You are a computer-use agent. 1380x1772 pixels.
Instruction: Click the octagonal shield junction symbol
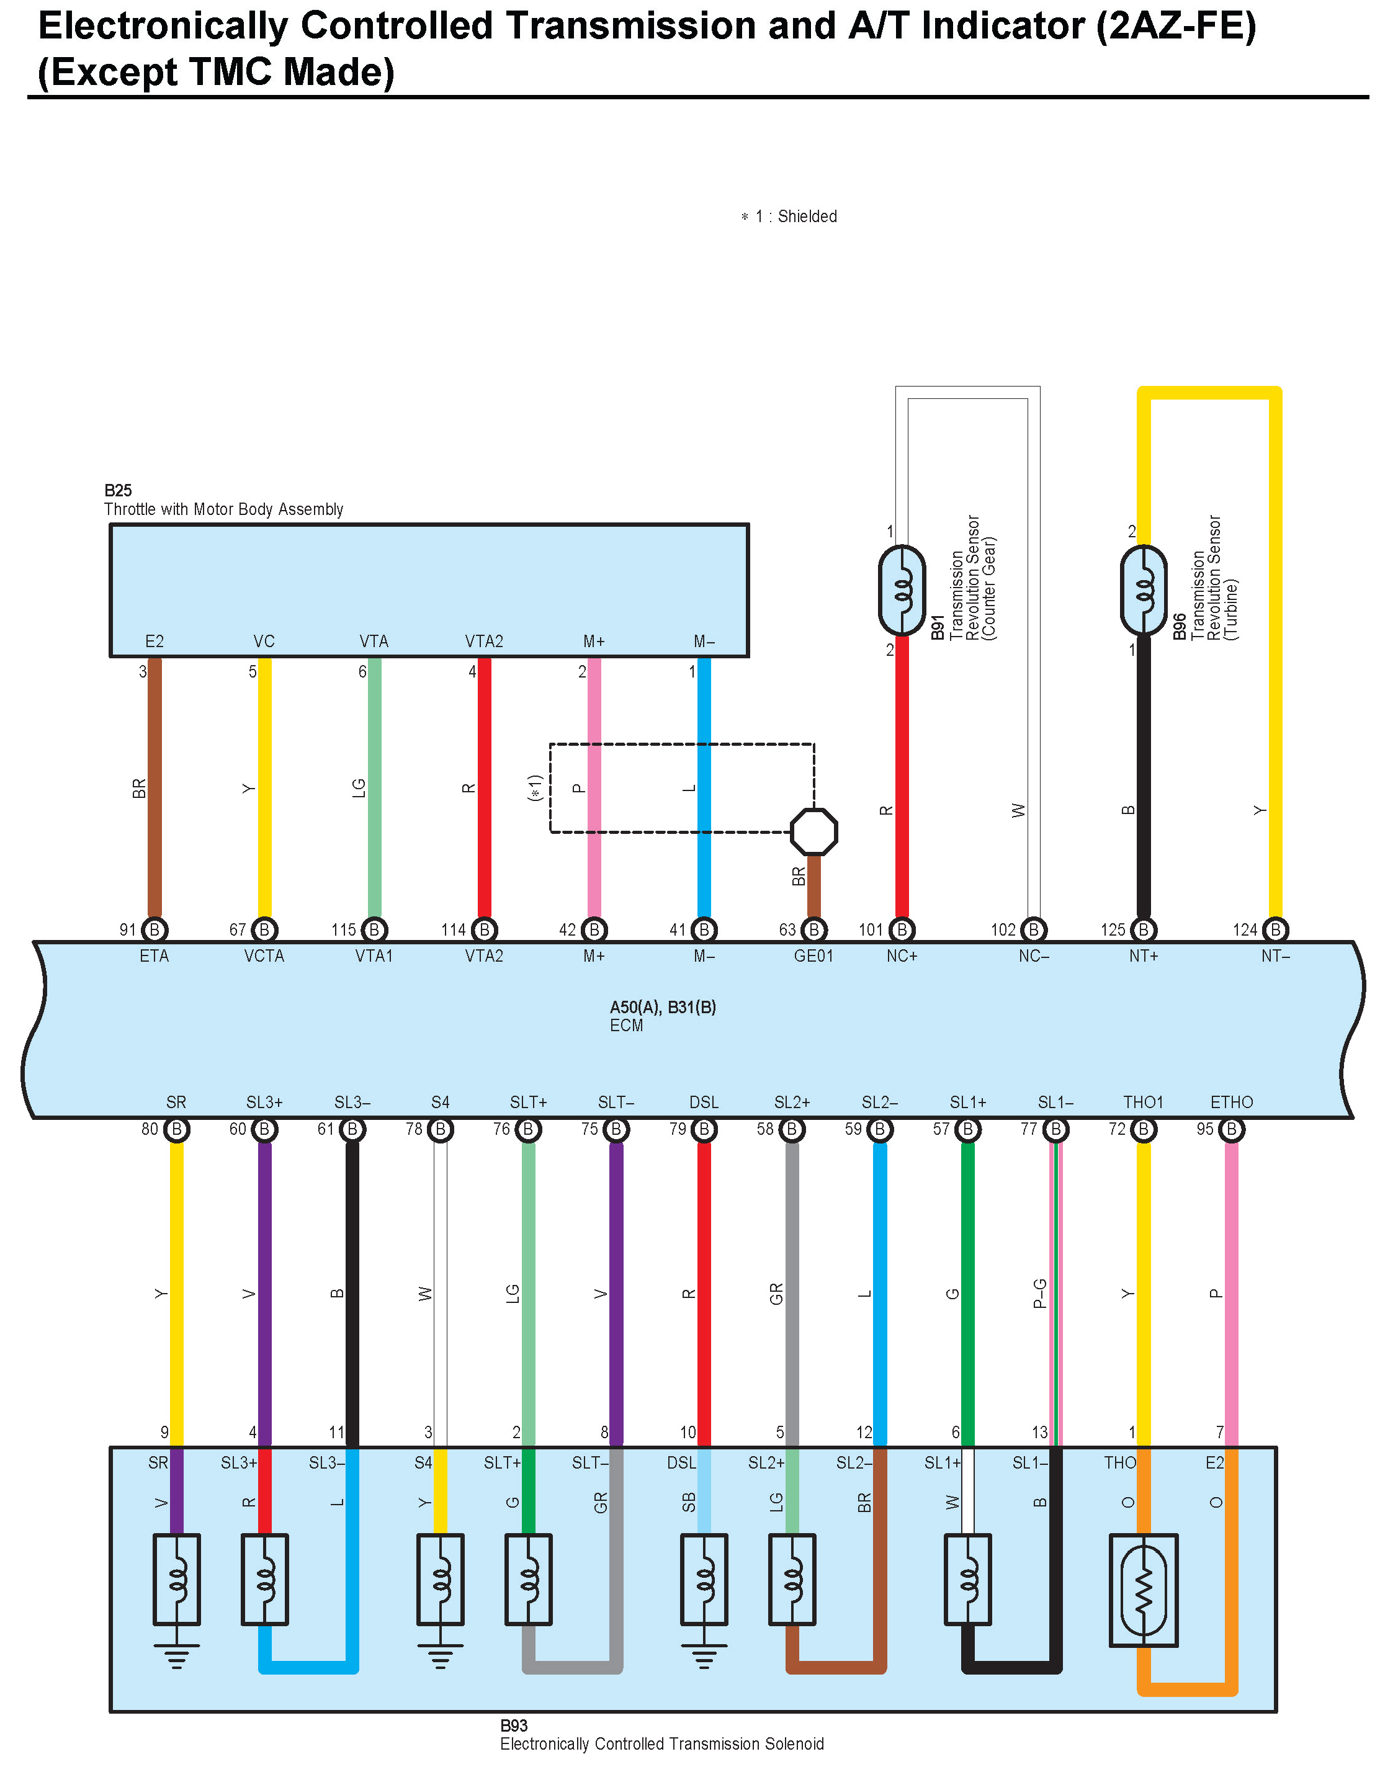tap(813, 831)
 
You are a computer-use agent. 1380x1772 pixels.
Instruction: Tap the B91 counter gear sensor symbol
tap(902, 590)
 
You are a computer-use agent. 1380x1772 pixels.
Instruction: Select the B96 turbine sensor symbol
tap(1143, 590)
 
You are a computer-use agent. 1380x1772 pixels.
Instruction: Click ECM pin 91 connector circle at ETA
tap(154, 930)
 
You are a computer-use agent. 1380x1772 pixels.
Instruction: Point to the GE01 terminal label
tap(813, 955)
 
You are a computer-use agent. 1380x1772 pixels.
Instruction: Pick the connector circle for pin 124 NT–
tap(1275, 930)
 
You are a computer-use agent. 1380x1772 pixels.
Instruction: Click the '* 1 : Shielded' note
tap(789, 217)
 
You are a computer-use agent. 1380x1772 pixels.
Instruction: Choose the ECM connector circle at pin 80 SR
tap(176, 1129)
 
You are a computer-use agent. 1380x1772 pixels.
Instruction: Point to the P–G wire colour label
tap(1039, 1293)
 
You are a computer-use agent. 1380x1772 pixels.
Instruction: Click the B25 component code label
tap(118, 490)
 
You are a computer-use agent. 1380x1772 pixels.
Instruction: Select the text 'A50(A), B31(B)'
tap(663, 1007)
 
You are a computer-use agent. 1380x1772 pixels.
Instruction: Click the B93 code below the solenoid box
tap(514, 1725)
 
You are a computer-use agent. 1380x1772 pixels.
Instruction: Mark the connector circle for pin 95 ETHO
tap(1230, 1129)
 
